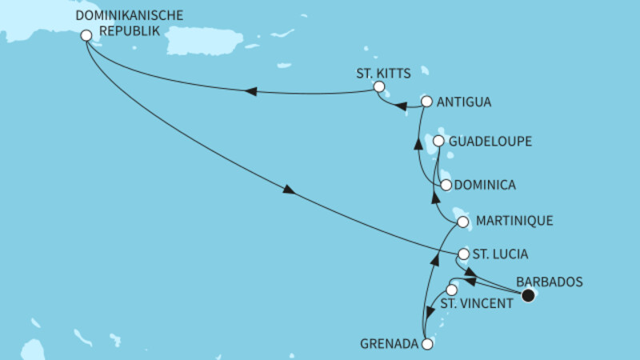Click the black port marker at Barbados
pos(528,296)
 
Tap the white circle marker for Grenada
pos(427,345)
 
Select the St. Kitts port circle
pos(379,87)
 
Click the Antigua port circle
pos(427,102)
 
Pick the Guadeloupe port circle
pos(438,142)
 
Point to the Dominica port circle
pos(446,185)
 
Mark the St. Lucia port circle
pos(463,255)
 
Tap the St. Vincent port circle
pos(451,290)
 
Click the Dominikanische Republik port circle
pos(86,34)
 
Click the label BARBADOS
pos(550,282)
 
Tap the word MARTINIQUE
pos(514,220)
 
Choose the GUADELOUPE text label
pos(490,142)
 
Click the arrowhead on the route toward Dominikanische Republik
pos(250,92)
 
